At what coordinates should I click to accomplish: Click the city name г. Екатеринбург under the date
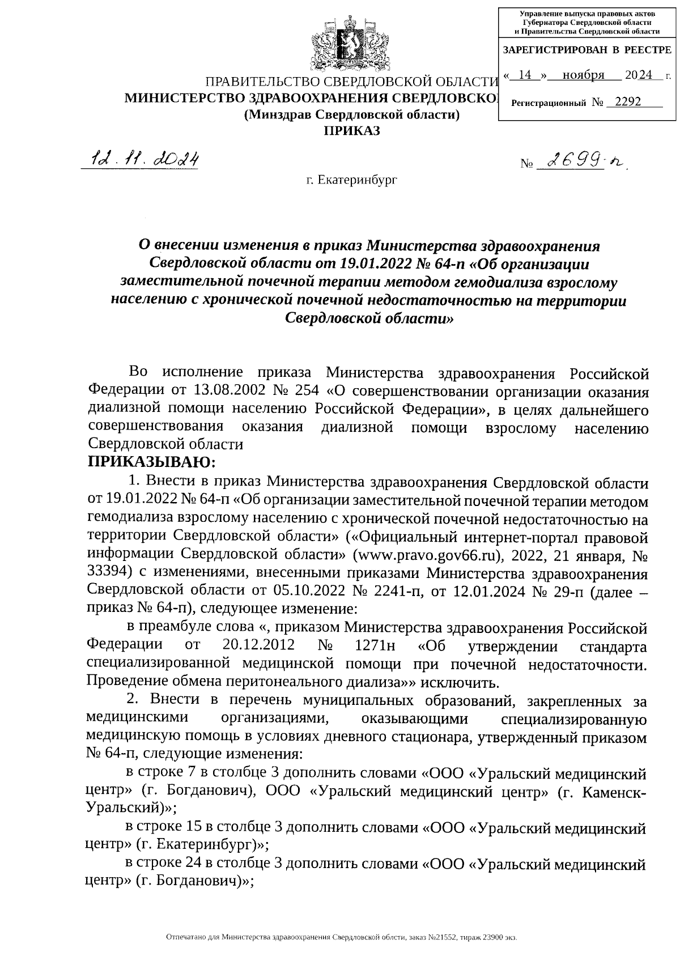click(351, 180)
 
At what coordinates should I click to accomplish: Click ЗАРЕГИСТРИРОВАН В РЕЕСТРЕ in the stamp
click(587, 50)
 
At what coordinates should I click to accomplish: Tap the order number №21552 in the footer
click(439, 938)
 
